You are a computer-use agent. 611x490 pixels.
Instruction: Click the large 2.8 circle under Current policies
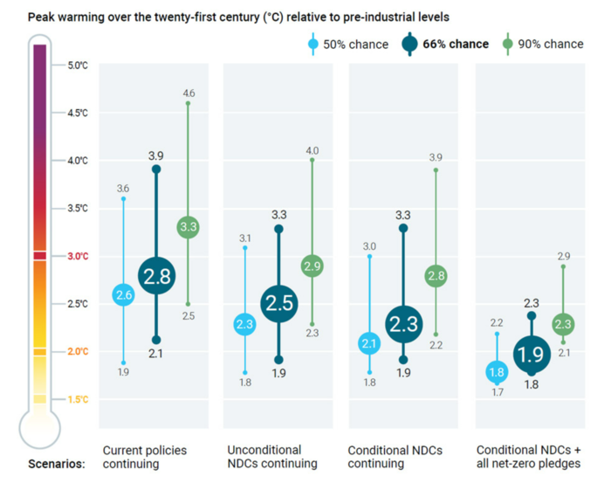pyautogui.click(x=156, y=276)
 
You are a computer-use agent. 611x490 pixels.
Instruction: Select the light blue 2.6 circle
pyautogui.click(x=123, y=295)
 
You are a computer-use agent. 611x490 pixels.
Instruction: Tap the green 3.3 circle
pyautogui.click(x=189, y=227)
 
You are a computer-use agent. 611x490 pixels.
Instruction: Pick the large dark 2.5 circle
pyautogui.click(x=279, y=303)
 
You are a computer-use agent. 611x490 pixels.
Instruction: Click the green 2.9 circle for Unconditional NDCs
pyautogui.click(x=312, y=266)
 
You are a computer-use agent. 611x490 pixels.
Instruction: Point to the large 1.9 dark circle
pyautogui.click(x=531, y=354)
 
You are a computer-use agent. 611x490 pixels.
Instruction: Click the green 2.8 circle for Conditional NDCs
pyautogui.click(x=436, y=276)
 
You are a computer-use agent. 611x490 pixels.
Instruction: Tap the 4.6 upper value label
pyautogui.click(x=189, y=92)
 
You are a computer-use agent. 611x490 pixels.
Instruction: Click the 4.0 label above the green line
pyautogui.click(x=312, y=150)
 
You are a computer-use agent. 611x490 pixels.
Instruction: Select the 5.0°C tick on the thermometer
pyautogui.click(x=79, y=65)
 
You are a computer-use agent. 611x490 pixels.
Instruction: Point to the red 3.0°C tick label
pyautogui.click(x=79, y=256)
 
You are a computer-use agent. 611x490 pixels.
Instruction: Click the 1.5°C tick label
pyautogui.click(x=79, y=399)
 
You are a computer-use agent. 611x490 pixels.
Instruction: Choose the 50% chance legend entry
pyautogui.click(x=349, y=44)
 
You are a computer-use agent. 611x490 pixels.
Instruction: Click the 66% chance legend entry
pyautogui.click(x=445, y=44)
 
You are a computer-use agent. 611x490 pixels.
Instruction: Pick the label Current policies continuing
pyautogui.click(x=144, y=457)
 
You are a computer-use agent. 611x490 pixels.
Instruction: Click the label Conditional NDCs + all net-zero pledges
pyautogui.click(x=528, y=457)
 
